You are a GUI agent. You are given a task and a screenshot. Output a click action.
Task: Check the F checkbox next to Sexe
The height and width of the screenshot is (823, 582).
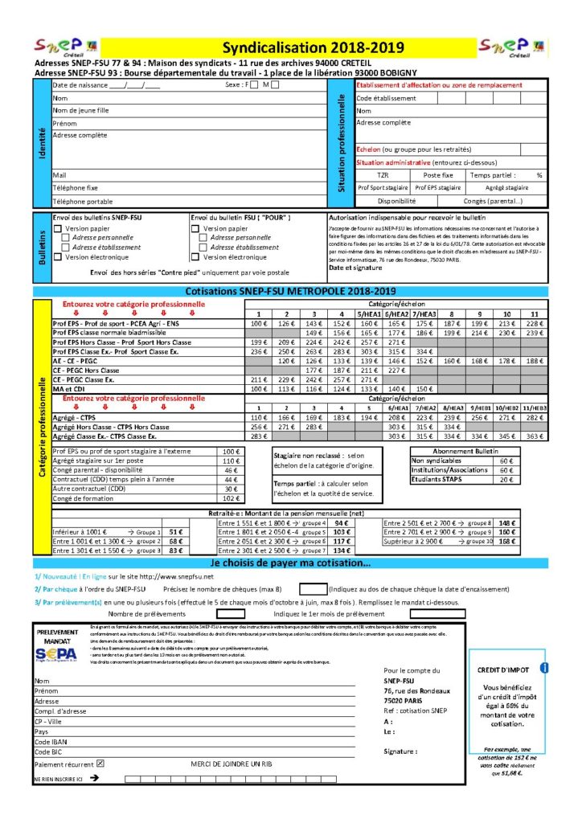pyautogui.click(x=255, y=84)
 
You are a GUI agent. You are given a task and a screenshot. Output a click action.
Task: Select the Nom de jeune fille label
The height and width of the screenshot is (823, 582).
pyautogui.click(x=80, y=110)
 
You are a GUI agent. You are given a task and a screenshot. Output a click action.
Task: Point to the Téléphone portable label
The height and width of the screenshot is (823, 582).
pyautogui.click(x=82, y=201)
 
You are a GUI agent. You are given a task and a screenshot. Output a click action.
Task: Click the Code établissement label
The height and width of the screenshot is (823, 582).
pyautogui.click(x=387, y=98)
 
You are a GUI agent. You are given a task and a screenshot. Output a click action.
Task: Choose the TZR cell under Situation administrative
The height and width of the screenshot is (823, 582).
pyautogui.click(x=383, y=174)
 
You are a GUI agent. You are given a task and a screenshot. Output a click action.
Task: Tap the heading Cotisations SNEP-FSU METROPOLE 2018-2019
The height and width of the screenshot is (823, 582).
pyautogui.click(x=290, y=291)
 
